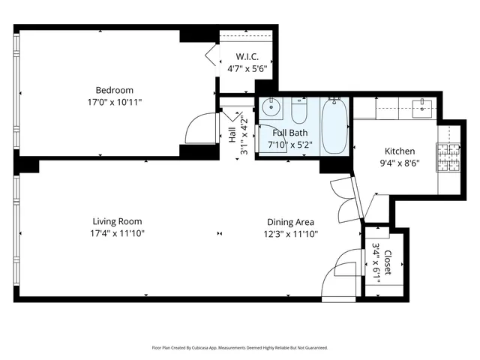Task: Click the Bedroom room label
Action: (115, 91)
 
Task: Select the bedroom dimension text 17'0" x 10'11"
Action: (115, 102)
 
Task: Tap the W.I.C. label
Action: (247, 57)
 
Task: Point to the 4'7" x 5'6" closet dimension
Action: (247, 68)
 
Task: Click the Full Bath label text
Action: (289, 133)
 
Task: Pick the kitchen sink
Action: (426, 106)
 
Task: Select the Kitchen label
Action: (399, 151)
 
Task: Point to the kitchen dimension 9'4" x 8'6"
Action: (399, 162)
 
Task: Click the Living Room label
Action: (117, 222)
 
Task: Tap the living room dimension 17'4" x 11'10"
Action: (117, 233)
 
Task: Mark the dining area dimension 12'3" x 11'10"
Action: (290, 233)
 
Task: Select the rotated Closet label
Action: (388, 262)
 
